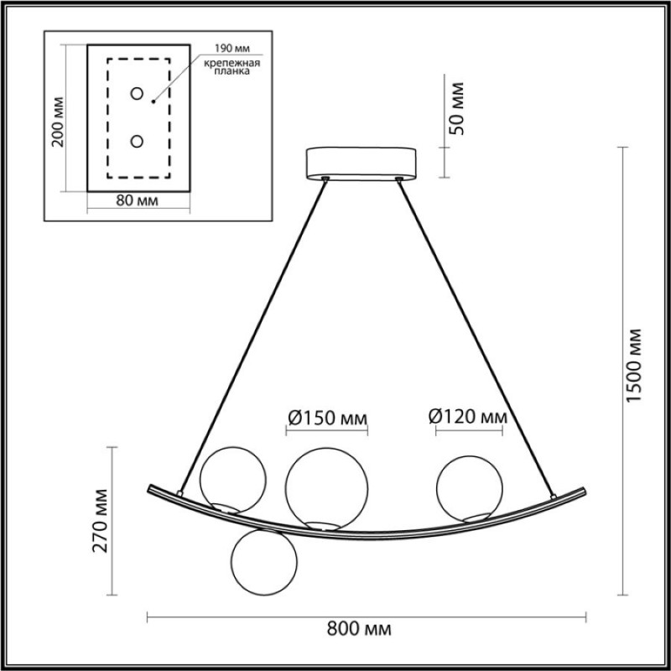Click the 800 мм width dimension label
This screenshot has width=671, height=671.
[359, 630]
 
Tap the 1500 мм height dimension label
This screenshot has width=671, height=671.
[634, 366]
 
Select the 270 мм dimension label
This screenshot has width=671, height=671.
[100, 520]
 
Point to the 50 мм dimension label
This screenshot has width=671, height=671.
[456, 109]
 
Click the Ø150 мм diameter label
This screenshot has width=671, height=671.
[327, 418]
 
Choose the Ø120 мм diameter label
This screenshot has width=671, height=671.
[468, 416]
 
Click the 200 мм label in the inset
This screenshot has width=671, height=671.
[57, 122]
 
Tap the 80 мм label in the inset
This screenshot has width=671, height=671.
[137, 200]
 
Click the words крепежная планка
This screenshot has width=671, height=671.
[232, 67]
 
